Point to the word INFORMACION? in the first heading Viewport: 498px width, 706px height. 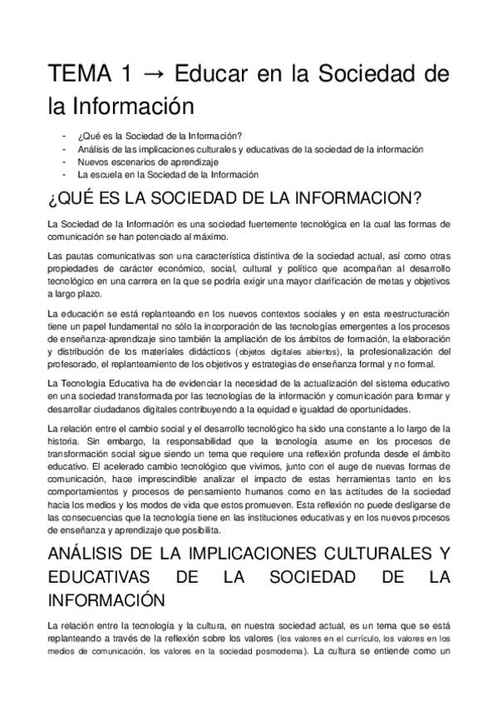(x=350, y=201)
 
